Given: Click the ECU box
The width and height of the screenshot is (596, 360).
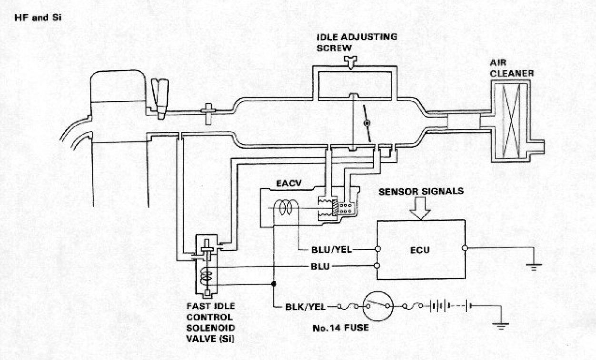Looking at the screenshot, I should tap(421, 250).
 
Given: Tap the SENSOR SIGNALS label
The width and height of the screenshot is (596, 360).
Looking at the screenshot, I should tap(421, 192).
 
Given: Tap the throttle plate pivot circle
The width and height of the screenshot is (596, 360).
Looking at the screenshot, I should tap(367, 123).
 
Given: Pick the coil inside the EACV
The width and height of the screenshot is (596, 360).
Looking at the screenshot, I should tap(288, 208).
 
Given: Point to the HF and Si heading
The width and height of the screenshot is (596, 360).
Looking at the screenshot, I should tap(38, 18).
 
